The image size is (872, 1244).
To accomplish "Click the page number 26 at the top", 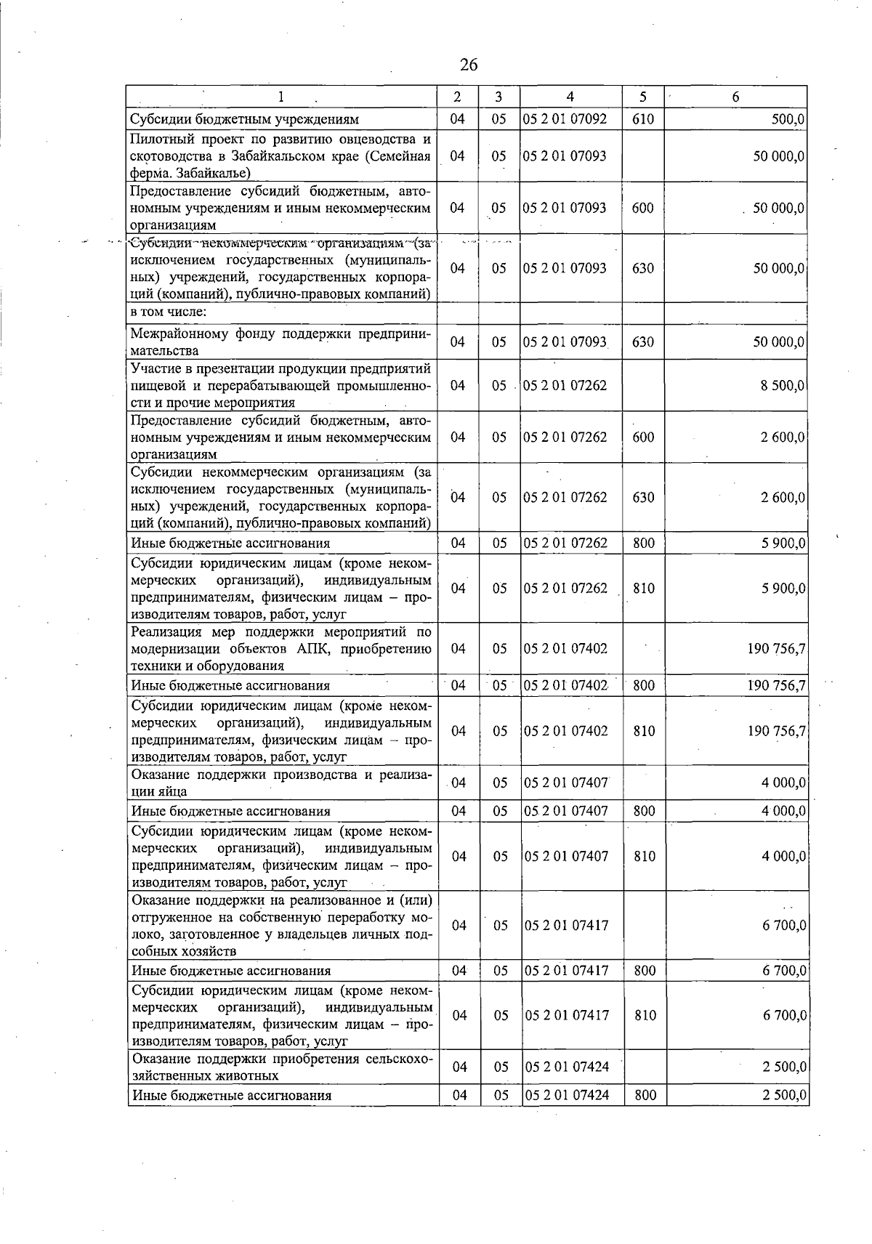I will coord(469,65).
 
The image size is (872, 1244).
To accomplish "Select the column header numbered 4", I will coord(570,97).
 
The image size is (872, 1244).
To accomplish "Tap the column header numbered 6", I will coord(735,97).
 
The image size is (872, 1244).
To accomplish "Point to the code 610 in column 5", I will coord(643,119).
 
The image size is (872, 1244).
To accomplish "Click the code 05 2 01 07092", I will coord(565,119).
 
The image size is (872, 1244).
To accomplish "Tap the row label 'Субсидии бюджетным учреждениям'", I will coord(244,119).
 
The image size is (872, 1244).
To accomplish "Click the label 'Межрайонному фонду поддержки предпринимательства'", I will coord(280,342).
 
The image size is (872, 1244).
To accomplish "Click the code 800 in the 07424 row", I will coord(645,1095).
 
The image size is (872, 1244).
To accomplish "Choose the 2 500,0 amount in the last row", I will coord(784,1095).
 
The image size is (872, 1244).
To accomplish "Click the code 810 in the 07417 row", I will coord(645,1015).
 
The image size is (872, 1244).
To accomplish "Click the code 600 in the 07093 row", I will coord(643,208).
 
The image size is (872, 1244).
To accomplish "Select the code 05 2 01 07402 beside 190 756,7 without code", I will coord(565,648).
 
